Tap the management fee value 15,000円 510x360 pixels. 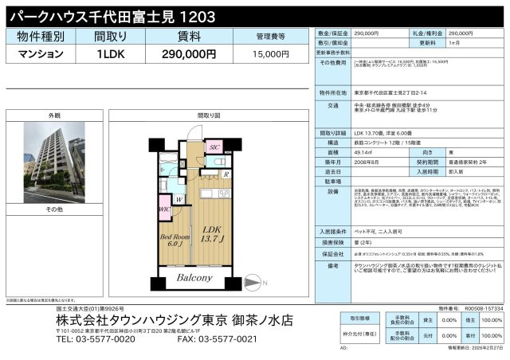tap(271, 54)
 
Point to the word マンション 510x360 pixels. tap(40, 54)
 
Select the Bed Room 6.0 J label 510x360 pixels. tap(173, 242)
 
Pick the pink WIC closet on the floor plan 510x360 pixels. tap(164, 211)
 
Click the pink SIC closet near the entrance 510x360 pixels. tap(214, 147)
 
